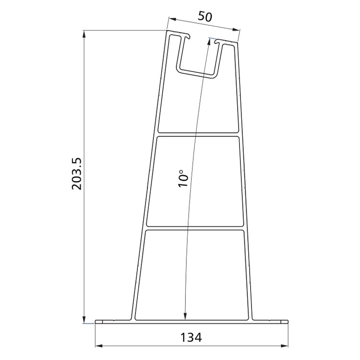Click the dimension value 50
(x=205, y=15)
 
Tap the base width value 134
(x=192, y=337)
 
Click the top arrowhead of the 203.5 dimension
(x=84, y=34)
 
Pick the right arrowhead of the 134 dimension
(x=285, y=345)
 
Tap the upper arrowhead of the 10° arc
(x=208, y=42)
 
